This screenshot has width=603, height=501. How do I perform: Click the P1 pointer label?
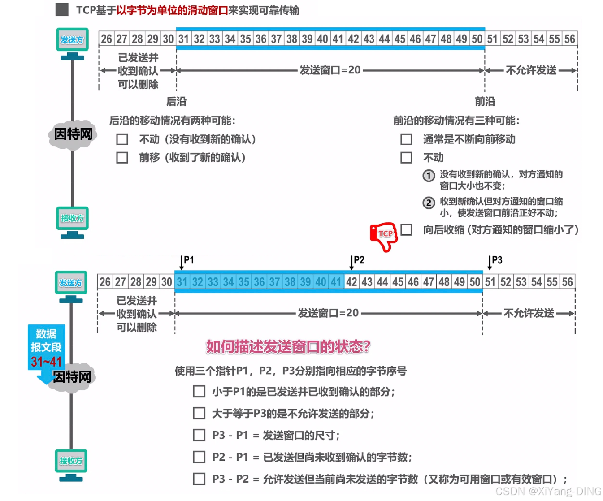[x=188, y=260]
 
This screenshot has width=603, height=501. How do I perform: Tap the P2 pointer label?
[x=358, y=260]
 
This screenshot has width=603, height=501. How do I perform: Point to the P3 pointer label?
[x=496, y=260]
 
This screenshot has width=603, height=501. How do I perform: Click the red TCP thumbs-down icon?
[x=384, y=236]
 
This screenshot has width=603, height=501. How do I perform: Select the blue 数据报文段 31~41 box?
[x=47, y=347]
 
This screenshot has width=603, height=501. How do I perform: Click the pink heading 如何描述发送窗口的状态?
[x=288, y=346]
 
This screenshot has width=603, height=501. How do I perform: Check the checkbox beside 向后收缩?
[x=406, y=230]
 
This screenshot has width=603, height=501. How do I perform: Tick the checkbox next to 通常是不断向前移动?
[x=406, y=139]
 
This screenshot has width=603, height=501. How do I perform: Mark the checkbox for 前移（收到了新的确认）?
[x=122, y=158]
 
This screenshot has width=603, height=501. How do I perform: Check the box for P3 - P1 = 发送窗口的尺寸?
[x=199, y=435]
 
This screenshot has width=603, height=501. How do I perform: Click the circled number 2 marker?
[x=429, y=203]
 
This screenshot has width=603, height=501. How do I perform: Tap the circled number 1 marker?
[x=429, y=176]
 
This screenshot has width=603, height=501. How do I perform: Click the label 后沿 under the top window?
[x=176, y=102]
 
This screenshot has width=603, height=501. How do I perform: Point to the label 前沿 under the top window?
[x=485, y=102]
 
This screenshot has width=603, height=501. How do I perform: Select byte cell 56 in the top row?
[x=569, y=39]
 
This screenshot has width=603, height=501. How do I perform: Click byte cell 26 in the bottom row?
[x=105, y=282]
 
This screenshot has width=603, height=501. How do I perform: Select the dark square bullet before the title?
[x=62, y=9]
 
